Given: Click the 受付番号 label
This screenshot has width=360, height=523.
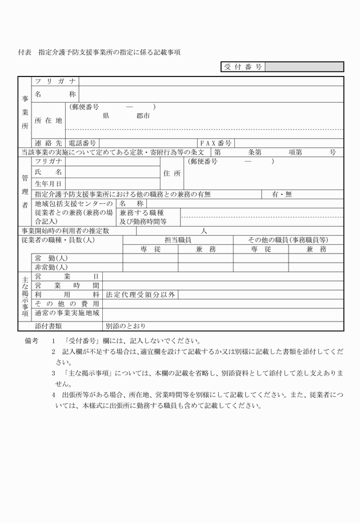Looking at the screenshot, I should point(243,67).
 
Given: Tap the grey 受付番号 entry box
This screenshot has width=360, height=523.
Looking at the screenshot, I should point(304,67).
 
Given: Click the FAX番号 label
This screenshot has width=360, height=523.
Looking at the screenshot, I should point(215,143).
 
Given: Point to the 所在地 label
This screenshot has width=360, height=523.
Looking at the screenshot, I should point(49,120).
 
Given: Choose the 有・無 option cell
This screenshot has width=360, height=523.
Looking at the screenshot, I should point(282,194).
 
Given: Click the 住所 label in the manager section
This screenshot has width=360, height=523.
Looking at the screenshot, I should point(172,172).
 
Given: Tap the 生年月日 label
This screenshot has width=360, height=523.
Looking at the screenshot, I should point(49,184).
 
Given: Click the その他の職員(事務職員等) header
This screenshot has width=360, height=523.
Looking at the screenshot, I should point(288,240).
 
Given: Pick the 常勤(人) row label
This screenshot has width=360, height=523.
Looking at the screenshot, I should point(51,258).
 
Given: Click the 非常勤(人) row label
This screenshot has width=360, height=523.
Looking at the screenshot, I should point(51,267).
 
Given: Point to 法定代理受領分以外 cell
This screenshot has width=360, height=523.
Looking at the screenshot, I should point(141,295).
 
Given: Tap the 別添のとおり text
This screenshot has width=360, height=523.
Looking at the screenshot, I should point(125,326).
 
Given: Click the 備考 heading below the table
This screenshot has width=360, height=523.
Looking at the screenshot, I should point(31,341).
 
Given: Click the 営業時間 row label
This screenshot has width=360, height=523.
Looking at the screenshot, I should point(66,285).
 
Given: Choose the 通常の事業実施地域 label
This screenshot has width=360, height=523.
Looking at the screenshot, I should point(66,313).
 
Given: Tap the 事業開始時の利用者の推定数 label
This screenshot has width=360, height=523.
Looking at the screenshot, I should point(65,231).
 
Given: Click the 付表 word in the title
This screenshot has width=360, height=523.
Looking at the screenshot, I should point(24,52).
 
